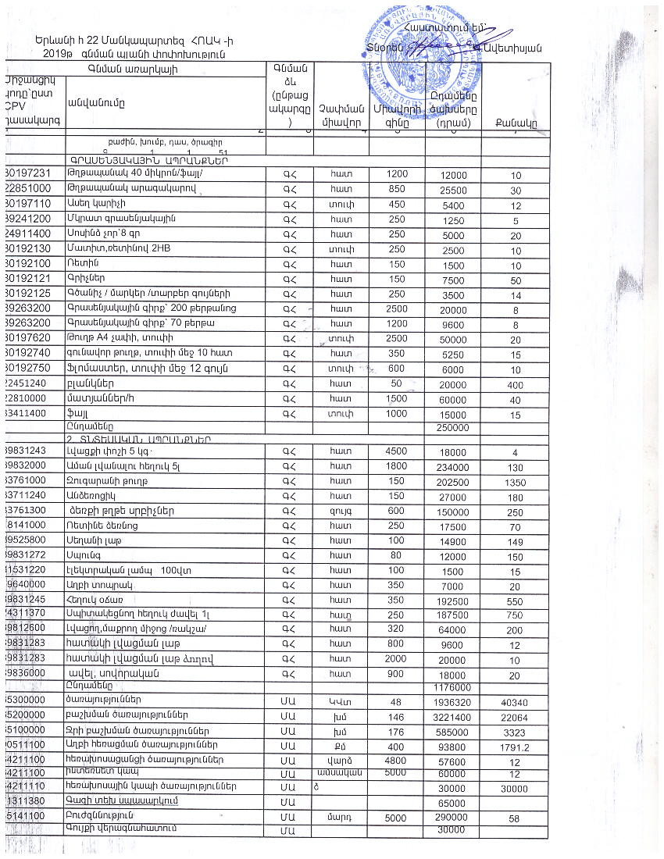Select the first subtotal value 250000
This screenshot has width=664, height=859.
click(453, 428)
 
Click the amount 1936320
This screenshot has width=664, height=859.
click(452, 702)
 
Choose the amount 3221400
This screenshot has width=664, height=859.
click(452, 717)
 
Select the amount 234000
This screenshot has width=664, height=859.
click(452, 467)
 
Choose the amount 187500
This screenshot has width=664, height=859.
click(452, 615)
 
